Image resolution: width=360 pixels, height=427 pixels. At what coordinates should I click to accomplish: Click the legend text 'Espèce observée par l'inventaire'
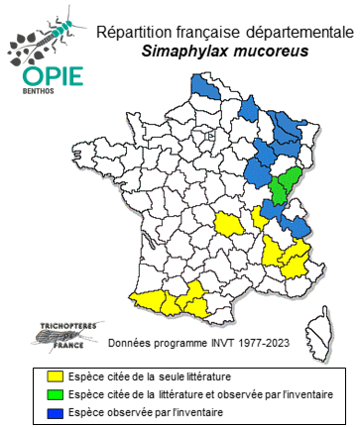146,412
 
